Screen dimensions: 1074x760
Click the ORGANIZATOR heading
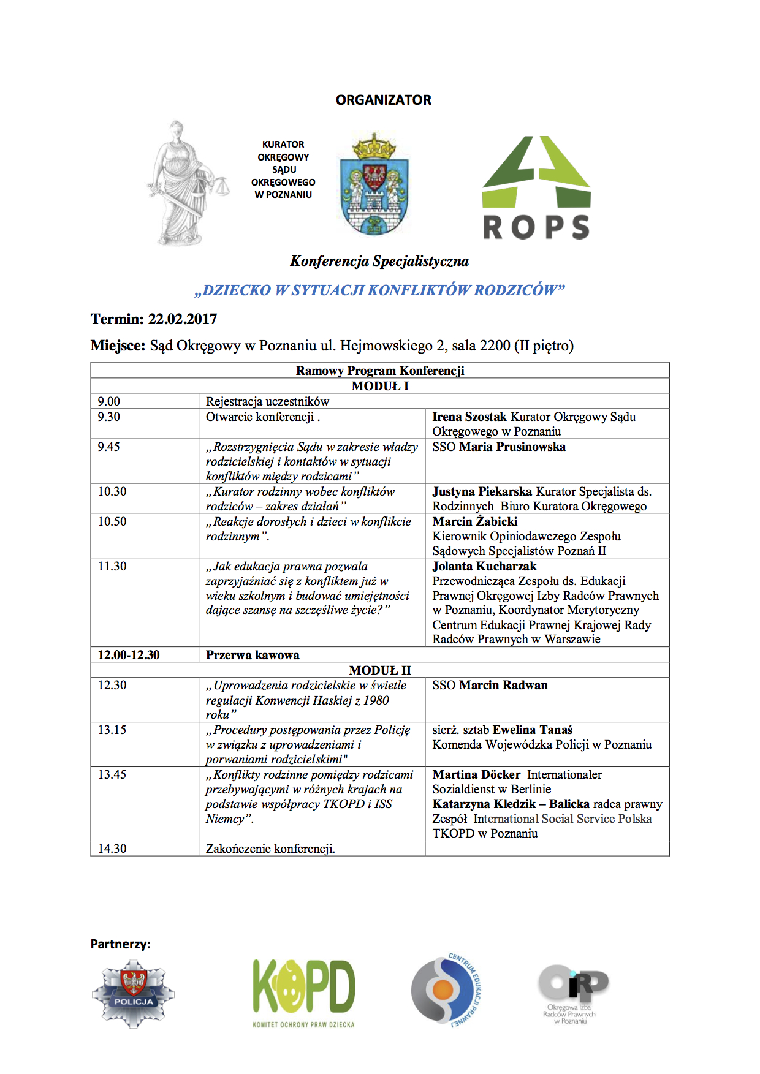[x=383, y=100]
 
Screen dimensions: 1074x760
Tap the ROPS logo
[x=536, y=187]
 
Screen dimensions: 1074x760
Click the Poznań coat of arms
[x=374, y=184]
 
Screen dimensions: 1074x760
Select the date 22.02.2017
[x=183, y=319]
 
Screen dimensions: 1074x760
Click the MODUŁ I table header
[x=380, y=386]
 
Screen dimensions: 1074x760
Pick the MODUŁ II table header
[x=380, y=670]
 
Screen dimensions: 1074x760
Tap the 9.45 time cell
[x=109, y=447]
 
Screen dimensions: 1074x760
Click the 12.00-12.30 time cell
[x=129, y=655]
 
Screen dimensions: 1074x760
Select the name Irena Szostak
[x=469, y=417]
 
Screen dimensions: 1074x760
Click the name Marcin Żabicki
[x=475, y=521]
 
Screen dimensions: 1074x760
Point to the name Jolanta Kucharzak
[x=484, y=566]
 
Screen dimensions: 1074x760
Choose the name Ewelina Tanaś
[x=533, y=730]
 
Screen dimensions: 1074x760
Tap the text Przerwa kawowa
[x=253, y=655]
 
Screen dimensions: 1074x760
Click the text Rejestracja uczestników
[x=267, y=401]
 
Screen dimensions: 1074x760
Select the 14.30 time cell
[x=112, y=849]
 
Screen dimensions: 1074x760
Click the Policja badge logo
[x=134, y=993]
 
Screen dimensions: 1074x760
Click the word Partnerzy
[x=120, y=944]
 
